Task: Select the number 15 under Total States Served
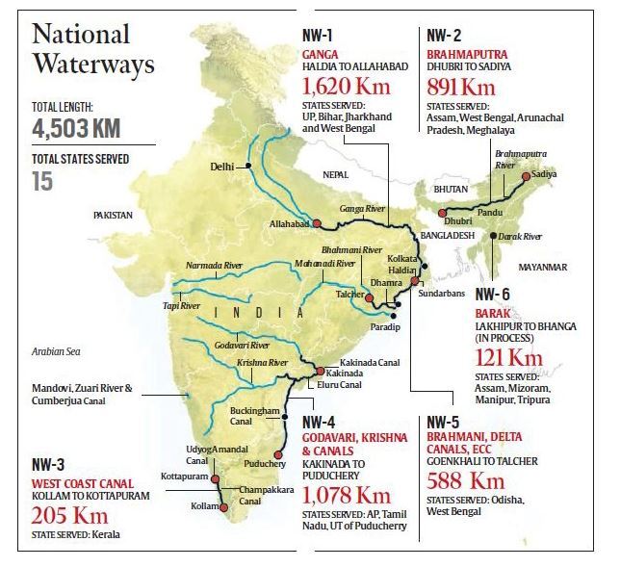coord(43,179)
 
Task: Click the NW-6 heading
coord(494,293)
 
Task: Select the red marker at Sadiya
coord(525,175)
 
